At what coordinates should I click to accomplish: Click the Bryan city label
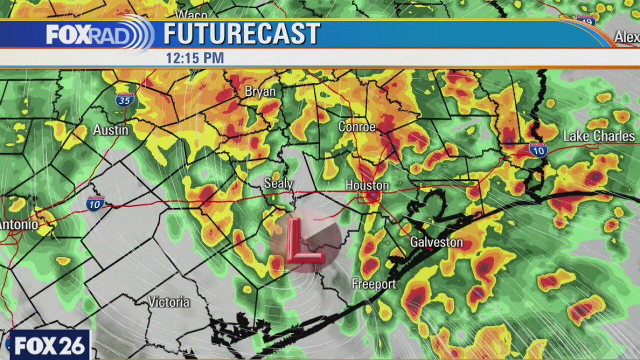coord(260,92)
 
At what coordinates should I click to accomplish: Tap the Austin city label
coord(110,130)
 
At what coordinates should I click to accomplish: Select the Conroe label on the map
coord(356,127)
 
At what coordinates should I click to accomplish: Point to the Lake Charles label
coord(598,136)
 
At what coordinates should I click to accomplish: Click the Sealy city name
coord(278,183)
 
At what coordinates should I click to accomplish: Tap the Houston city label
coord(367,185)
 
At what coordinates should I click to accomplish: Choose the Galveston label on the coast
coord(436,242)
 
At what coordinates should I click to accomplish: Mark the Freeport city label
coord(373,284)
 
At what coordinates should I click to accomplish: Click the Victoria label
coord(168,302)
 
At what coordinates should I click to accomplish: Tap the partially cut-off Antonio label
coord(18,225)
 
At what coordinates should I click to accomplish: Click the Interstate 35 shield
coord(124,100)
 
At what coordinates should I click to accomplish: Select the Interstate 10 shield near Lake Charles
coord(538,149)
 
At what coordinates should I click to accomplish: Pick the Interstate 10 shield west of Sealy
coord(95,203)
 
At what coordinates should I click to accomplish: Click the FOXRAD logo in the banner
coord(98,34)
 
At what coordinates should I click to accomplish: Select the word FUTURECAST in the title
coord(241,34)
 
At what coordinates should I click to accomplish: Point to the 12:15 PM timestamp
coord(195,58)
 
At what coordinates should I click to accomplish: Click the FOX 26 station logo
coord(49,345)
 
